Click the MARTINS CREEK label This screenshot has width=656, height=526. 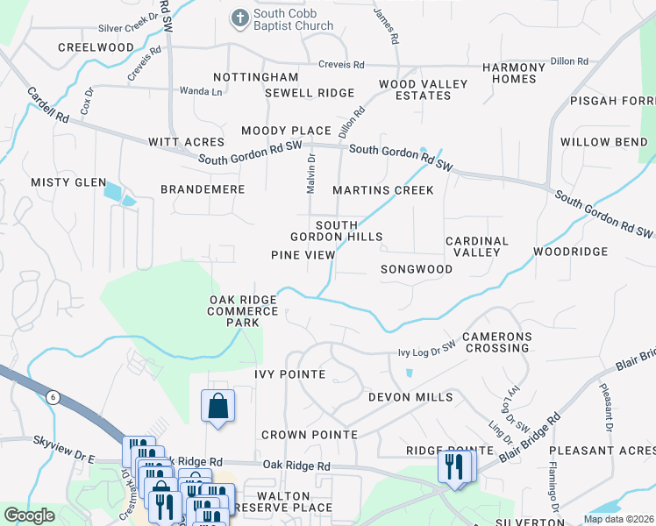tap(383, 190)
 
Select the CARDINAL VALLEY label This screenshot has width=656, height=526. tap(477, 246)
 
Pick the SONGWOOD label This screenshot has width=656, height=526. tap(417, 269)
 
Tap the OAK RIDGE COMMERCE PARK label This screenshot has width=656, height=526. tap(243, 311)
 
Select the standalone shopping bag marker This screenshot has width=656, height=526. tap(217, 407)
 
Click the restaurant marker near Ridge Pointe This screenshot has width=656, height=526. tap(454, 466)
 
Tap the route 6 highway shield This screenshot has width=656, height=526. tap(53, 397)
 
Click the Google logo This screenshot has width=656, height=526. tap(29, 515)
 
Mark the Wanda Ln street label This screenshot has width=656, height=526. tap(201, 91)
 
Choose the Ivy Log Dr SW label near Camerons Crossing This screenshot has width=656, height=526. tap(427, 351)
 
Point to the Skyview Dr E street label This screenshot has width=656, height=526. tap(63, 458)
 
